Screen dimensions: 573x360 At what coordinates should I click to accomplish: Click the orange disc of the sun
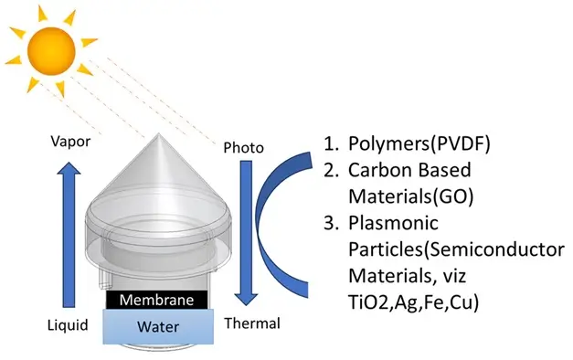[x=51, y=51]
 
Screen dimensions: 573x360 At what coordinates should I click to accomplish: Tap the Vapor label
[x=70, y=142]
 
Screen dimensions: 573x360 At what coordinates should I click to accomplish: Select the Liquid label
[x=68, y=325]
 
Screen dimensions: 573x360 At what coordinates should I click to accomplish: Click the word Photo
[x=243, y=148]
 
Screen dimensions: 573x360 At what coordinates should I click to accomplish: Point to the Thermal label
[x=252, y=323]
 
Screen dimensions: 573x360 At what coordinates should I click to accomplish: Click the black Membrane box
[x=157, y=300]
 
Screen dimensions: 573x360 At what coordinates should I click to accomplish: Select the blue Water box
[x=158, y=326]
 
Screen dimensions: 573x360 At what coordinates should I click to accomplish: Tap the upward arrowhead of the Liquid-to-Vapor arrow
[x=69, y=168]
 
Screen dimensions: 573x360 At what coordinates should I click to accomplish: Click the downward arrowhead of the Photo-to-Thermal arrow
[x=246, y=299]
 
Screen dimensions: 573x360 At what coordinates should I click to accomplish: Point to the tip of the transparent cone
[x=159, y=133]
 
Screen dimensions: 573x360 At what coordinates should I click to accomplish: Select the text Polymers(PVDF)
[x=419, y=143]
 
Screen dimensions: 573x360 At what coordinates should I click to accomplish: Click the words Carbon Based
[x=409, y=170]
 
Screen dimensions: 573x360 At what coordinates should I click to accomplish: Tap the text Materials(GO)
[x=411, y=196]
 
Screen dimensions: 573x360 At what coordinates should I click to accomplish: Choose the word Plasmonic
[x=393, y=223]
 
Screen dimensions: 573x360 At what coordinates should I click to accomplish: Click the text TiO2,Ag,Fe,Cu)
[x=414, y=302]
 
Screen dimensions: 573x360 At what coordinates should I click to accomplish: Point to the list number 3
[x=332, y=223]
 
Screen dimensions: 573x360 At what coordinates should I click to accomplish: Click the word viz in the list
[x=454, y=276]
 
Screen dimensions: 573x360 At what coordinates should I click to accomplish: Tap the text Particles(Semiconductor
[x=456, y=249]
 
